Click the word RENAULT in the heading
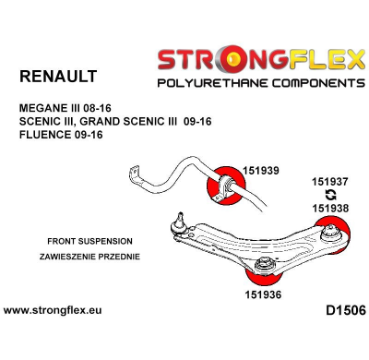[58, 76]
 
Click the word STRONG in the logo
[203, 62]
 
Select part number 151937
[330, 182]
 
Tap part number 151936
[262, 294]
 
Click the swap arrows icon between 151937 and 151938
[329, 195]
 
